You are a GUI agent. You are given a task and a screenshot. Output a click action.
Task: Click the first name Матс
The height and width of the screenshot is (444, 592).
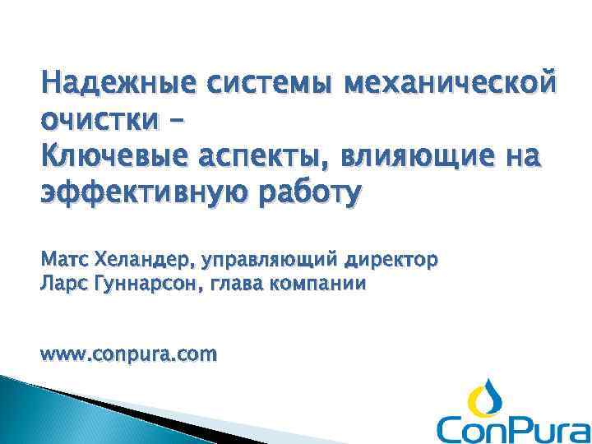tap(62, 261)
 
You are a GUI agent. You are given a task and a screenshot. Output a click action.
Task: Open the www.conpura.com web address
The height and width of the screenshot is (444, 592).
tap(129, 355)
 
